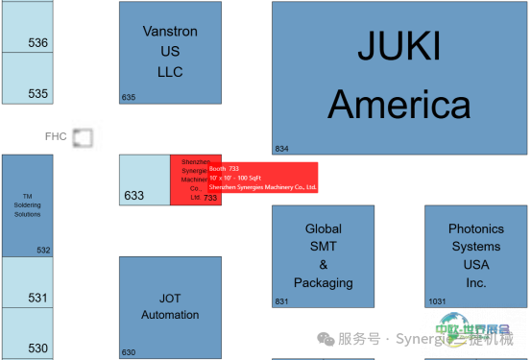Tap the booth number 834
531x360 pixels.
click(x=281, y=149)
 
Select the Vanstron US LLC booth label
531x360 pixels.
click(x=169, y=52)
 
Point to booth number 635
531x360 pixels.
click(x=129, y=97)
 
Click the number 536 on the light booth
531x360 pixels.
click(x=38, y=43)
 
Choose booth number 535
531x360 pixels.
click(x=38, y=94)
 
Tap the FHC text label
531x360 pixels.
click(x=56, y=136)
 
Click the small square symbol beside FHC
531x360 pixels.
click(x=84, y=138)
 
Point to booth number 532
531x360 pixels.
click(x=43, y=251)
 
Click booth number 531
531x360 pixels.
click(x=37, y=298)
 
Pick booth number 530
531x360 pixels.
click(x=37, y=348)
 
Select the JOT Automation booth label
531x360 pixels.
click(x=169, y=307)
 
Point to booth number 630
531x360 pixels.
click(x=129, y=352)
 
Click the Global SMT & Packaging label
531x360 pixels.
click(x=323, y=256)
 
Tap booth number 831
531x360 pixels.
click(x=281, y=301)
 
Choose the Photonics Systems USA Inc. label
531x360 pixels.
click(x=475, y=256)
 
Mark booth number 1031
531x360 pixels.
click(x=437, y=301)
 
